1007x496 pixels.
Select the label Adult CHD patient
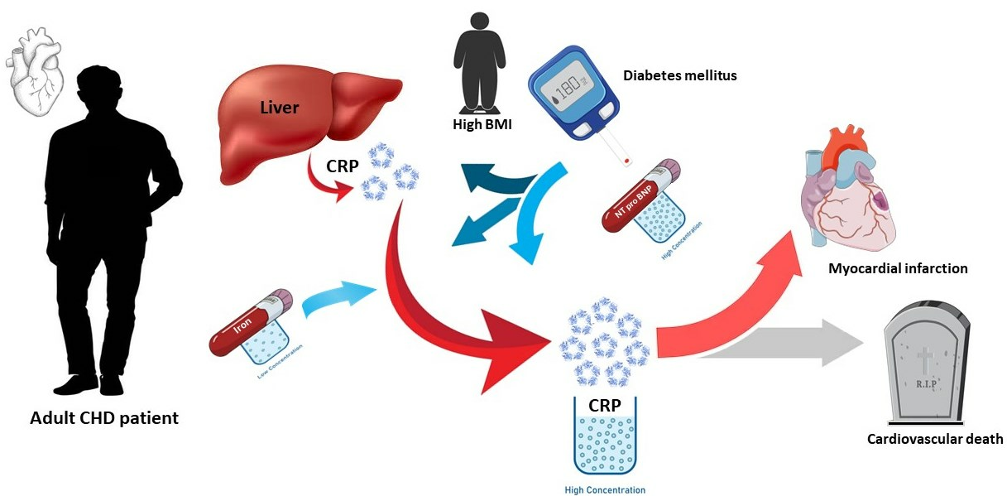[104, 418]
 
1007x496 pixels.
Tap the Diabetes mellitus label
[680, 75]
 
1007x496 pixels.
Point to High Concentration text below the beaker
[605, 489]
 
